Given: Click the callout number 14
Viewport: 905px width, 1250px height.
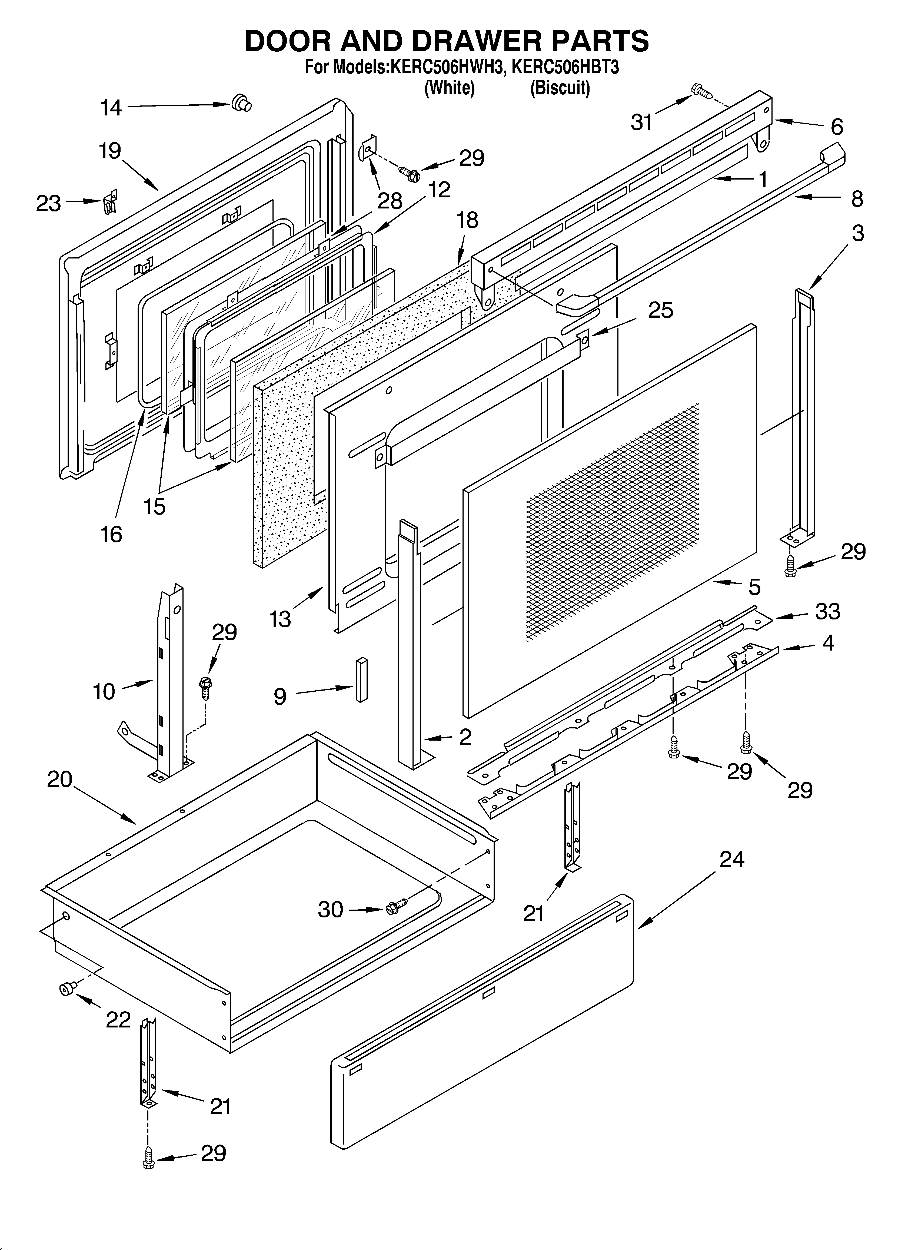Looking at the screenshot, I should click(x=111, y=108).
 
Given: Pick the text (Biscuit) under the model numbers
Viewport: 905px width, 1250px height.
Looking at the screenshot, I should click(x=560, y=88).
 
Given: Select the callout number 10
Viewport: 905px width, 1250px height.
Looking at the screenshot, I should click(x=104, y=691).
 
